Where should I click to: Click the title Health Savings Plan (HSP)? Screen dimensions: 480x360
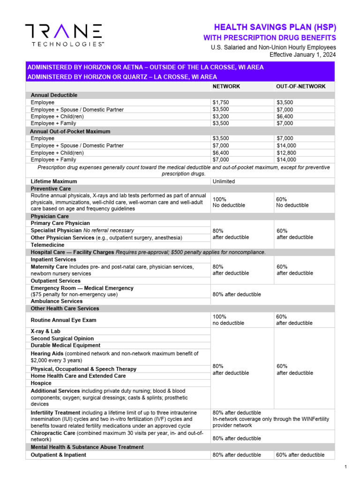275,27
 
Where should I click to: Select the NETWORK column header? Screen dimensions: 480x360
226,87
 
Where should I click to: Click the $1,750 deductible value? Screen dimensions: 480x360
221,102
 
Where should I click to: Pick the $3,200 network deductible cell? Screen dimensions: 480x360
221,116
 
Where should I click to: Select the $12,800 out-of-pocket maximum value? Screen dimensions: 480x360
287,153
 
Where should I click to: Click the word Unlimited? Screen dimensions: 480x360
224,181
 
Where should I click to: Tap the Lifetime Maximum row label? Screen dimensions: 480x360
54,181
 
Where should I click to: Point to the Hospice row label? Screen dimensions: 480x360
41,383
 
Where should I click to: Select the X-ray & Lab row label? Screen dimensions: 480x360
45,331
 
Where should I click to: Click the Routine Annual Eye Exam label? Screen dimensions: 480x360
63,320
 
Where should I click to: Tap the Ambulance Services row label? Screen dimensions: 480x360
57,301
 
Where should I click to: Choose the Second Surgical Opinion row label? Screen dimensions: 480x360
62,338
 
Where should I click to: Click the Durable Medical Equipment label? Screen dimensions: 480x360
66,345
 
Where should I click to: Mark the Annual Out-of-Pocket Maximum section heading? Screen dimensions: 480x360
70,132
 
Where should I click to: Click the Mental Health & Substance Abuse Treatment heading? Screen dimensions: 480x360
87,447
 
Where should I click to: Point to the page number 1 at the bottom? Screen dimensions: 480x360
345,467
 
